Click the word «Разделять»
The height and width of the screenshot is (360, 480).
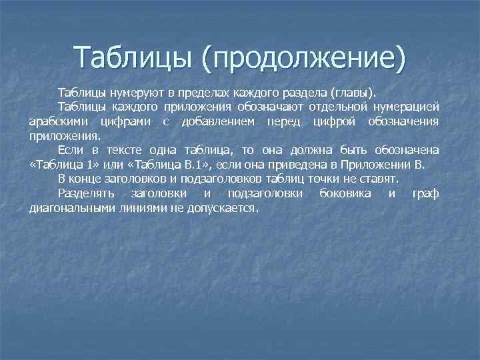pyautogui.click(x=86, y=194)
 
